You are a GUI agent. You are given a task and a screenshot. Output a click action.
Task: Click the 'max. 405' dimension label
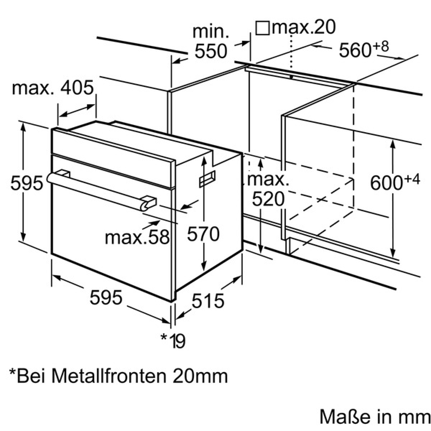point(52,88)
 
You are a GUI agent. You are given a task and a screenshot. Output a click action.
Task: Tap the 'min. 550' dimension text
point(211,42)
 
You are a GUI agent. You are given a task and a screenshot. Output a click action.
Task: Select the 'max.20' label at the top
point(304,27)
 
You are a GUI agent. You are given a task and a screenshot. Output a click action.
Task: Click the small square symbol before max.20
point(262,28)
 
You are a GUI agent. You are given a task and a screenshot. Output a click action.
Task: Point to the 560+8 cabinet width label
point(364,49)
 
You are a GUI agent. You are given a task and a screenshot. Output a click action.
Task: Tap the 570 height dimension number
point(203,234)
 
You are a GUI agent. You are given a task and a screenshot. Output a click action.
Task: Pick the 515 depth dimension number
point(208,301)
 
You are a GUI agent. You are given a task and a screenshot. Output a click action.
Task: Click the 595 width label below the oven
point(106,298)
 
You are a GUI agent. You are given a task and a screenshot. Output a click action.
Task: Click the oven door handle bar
point(96,191)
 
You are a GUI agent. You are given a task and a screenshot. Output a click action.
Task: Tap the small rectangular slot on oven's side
point(207,179)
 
